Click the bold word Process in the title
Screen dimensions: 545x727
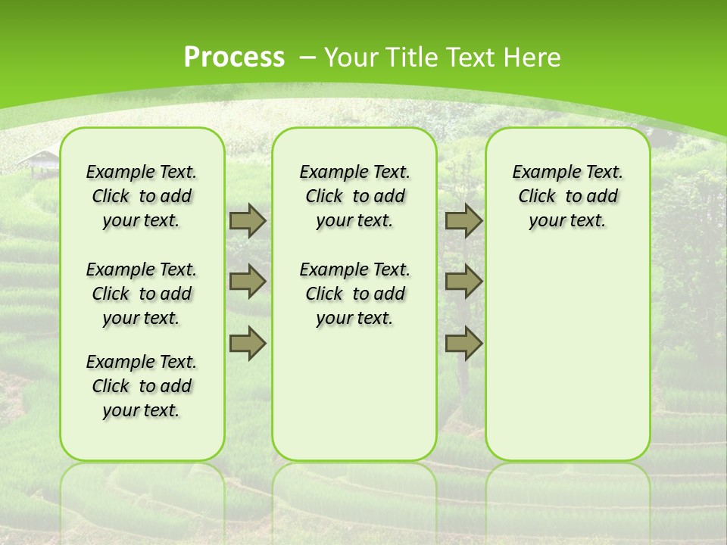pos(234,57)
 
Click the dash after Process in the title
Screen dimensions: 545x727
pos(307,58)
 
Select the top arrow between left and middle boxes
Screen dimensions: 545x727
pos(248,221)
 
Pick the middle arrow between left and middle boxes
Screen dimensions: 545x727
pos(248,282)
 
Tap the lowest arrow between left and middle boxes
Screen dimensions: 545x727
pos(248,343)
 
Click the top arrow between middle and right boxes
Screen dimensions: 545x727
pos(463,221)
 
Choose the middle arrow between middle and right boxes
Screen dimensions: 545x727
pos(463,282)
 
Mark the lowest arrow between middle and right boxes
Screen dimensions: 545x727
pos(463,343)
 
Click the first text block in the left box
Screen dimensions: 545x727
pos(142,196)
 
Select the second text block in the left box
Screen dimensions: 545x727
pos(142,294)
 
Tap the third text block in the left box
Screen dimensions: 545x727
pos(142,386)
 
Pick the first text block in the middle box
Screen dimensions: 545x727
pos(354,196)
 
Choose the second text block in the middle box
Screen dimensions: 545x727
pos(354,294)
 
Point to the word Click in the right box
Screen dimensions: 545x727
pos(537,197)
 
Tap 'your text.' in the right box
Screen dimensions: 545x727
pos(567,221)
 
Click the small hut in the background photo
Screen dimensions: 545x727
pos(39,161)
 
